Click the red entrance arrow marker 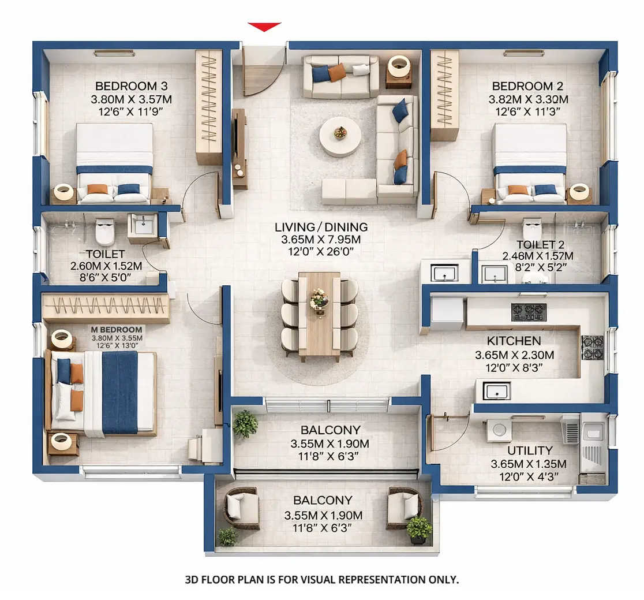[264, 27]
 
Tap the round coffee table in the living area [340, 136]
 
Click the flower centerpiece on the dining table [319, 299]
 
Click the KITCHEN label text [514, 341]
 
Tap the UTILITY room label [530, 450]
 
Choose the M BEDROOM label [117, 329]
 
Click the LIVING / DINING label [321, 227]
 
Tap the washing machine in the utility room [499, 430]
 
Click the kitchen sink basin [496, 392]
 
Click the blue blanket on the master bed [119, 392]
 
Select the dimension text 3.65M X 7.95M [321, 239]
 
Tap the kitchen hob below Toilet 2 [529, 312]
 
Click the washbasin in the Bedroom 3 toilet [143, 224]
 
